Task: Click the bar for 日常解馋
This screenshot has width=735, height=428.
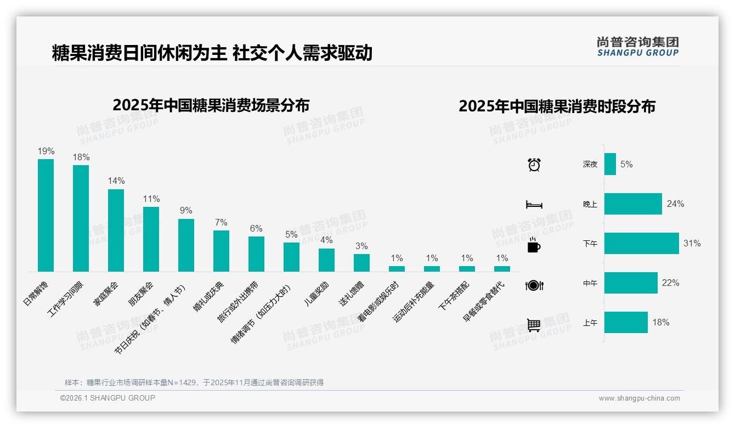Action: [x=46, y=215]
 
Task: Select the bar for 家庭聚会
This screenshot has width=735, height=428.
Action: [x=116, y=230]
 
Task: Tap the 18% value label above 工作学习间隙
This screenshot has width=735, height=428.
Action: [x=81, y=157]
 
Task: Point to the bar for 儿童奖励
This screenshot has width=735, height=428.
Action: [x=326, y=260]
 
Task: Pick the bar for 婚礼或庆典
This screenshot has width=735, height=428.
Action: [x=221, y=251]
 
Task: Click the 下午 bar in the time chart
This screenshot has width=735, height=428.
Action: [x=641, y=244]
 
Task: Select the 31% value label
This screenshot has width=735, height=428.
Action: [x=692, y=244]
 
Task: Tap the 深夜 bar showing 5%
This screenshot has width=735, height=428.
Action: [x=610, y=164]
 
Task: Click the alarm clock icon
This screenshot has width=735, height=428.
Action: [x=534, y=165]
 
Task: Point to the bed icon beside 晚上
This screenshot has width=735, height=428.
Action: [x=534, y=205]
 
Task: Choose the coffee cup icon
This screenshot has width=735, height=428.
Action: [x=534, y=246]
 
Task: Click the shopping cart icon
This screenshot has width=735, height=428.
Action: [x=534, y=325]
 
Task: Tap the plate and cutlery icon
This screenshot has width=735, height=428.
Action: [x=534, y=285]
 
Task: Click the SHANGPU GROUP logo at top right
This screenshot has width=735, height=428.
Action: [x=637, y=46]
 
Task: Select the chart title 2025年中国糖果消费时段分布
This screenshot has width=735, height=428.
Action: [x=557, y=106]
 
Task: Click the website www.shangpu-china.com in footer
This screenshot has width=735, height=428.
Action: [x=639, y=398]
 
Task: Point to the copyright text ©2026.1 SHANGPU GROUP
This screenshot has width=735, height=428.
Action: [x=108, y=398]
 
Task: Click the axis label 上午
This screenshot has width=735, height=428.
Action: [x=590, y=323]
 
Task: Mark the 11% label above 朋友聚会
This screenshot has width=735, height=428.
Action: [x=151, y=199]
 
